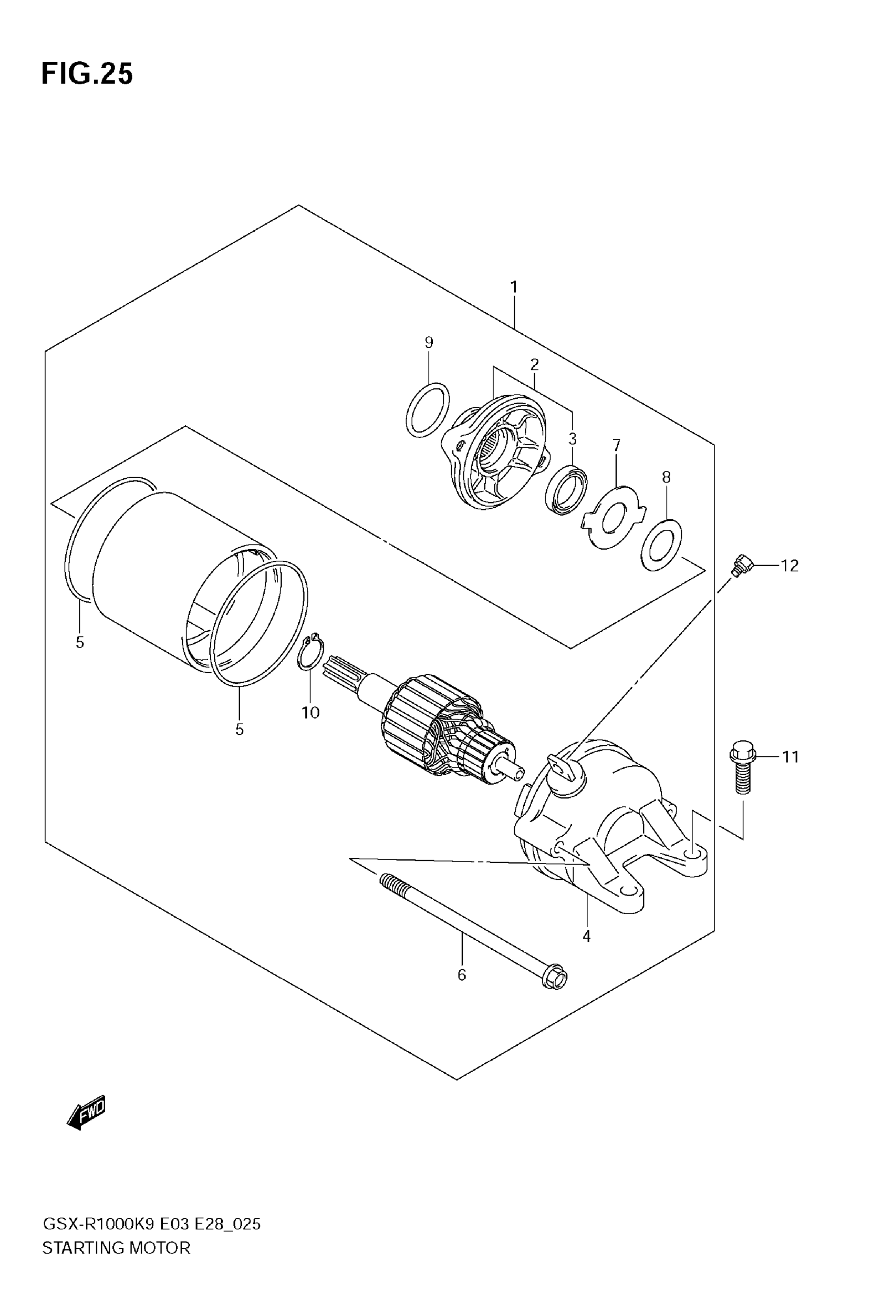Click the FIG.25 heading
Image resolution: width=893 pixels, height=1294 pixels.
point(87,74)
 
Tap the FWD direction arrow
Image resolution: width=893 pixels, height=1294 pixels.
point(86,1111)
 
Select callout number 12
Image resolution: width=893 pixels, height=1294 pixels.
point(790,566)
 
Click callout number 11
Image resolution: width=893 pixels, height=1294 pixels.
point(790,757)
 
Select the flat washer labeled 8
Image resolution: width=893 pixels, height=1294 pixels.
point(661,545)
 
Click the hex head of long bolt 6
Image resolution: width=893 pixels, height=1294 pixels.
point(555,976)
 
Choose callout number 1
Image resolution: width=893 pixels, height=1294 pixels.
point(514,287)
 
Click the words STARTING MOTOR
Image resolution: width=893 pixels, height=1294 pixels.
point(117,1248)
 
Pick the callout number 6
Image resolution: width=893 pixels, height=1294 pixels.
point(462,975)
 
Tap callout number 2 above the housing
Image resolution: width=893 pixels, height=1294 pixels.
point(534,365)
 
